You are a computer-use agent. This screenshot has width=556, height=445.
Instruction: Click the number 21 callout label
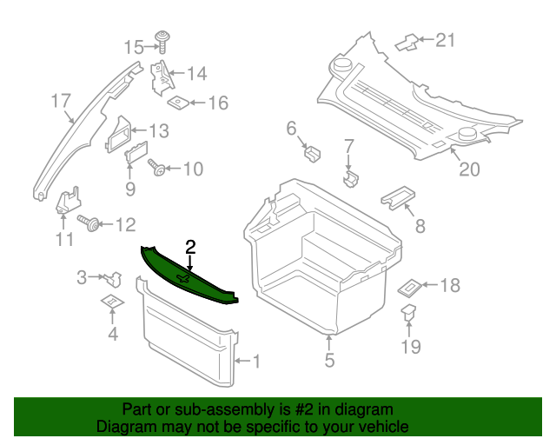(445, 39)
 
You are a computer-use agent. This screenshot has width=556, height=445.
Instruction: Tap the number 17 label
(60, 101)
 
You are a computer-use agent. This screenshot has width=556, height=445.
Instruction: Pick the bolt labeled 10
(157, 168)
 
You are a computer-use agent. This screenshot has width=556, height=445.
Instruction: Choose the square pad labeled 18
(409, 285)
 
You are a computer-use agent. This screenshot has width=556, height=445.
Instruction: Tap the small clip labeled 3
(111, 278)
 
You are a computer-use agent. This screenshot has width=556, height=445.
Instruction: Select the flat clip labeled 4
(111, 301)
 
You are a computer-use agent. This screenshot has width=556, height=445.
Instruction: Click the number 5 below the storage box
(329, 359)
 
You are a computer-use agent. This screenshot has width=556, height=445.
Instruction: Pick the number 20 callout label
(469, 169)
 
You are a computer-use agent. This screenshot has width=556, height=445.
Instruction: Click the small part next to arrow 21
(406, 41)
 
